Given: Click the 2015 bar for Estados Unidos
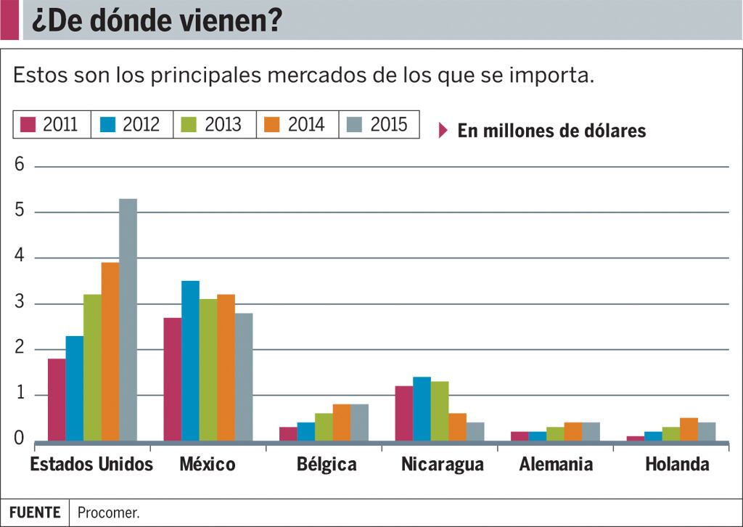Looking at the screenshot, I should click(128, 319).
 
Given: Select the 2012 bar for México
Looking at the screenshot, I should click(190, 361).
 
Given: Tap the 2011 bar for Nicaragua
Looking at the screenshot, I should click(404, 413).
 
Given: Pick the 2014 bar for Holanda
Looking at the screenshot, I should click(689, 429).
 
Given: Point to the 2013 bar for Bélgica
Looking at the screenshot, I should click(324, 427).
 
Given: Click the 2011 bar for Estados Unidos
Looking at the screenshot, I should click(57, 399).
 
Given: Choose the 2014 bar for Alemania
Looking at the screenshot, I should click(573, 431).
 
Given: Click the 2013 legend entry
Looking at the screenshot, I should click(214, 124).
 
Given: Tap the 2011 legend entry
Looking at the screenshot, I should click(51, 124).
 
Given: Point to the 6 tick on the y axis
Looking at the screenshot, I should click(20, 166).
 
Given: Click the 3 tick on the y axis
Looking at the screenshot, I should click(20, 303).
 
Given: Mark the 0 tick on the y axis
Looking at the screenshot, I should click(20, 439).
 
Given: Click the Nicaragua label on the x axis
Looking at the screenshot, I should click(442, 465).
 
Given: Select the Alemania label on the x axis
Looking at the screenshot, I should click(556, 465).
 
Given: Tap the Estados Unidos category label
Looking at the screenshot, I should click(91, 465).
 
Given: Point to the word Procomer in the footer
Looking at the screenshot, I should click(109, 512).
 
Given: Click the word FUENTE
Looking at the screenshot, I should click(35, 512).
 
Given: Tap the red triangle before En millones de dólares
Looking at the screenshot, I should click(444, 131).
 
